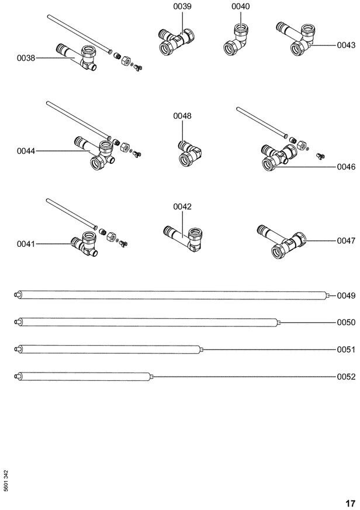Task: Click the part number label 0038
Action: pos(26,58)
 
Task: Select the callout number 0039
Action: pos(182,6)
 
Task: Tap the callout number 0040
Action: pos(240,6)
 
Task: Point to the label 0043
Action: pos(346,45)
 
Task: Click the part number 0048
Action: pos(182,116)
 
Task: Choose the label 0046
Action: pos(346,167)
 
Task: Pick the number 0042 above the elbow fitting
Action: pos(182,206)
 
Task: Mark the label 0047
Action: pos(346,240)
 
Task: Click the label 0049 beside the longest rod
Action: pos(346,296)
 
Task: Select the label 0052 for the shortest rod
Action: pos(346,377)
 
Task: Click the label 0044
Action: pos(26,151)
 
